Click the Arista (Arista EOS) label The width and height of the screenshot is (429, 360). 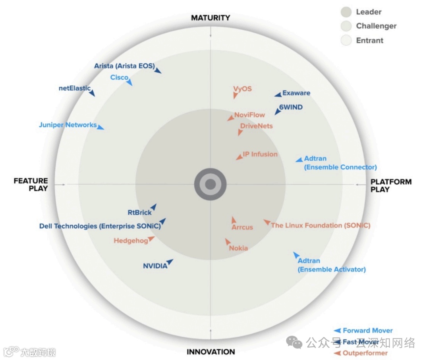click(124, 66)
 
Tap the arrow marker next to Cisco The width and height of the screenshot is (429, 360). click(129, 83)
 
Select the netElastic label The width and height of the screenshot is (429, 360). click(74, 88)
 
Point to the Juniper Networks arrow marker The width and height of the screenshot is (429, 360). click(100, 127)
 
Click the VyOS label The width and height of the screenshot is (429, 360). click(242, 89)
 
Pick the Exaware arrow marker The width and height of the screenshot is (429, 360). click(278, 94)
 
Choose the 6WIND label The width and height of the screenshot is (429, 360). click(290, 107)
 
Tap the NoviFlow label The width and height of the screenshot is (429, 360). click(249, 115)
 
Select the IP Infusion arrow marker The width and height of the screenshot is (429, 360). click(239, 158)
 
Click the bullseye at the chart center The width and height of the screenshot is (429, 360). click(210, 184)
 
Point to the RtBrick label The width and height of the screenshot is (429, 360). click(139, 212)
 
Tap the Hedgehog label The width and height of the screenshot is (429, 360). click(131, 241)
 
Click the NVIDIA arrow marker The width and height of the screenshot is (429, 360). click(170, 262)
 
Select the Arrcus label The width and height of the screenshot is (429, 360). click(242, 227)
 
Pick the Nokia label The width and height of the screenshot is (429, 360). click(238, 248)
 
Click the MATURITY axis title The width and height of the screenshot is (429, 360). click(210, 18)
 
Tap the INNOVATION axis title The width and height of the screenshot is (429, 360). click(211, 352)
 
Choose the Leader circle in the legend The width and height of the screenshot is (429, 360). click(346, 12)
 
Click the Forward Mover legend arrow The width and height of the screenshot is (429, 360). click(338, 330)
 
